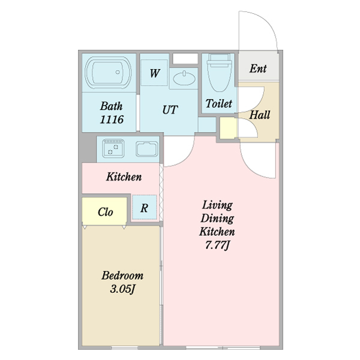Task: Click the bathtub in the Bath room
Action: [x=108, y=72]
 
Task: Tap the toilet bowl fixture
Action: [x=220, y=73]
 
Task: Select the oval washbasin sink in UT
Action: [x=184, y=79]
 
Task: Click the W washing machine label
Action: [x=154, y=73]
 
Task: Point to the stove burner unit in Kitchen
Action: [x=113, y=148]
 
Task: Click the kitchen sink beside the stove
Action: [x=147, y=149]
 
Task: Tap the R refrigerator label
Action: [x=144, y=208]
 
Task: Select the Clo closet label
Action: [x=105, y=212]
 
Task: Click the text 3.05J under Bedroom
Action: [x=122, y=289]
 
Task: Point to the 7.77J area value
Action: [x=217, y=245]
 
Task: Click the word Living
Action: [x=217, y=205]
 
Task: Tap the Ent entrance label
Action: [x=258, y=68]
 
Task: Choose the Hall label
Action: [x=259, y=115]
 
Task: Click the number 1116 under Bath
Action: [x=112, y=119]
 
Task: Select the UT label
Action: [x=170, y=110]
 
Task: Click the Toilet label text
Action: [x=218, y=103]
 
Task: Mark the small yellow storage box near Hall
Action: [x=228, y=128]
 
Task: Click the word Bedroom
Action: [x=122, y=275]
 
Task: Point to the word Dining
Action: [x=217, y=218]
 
